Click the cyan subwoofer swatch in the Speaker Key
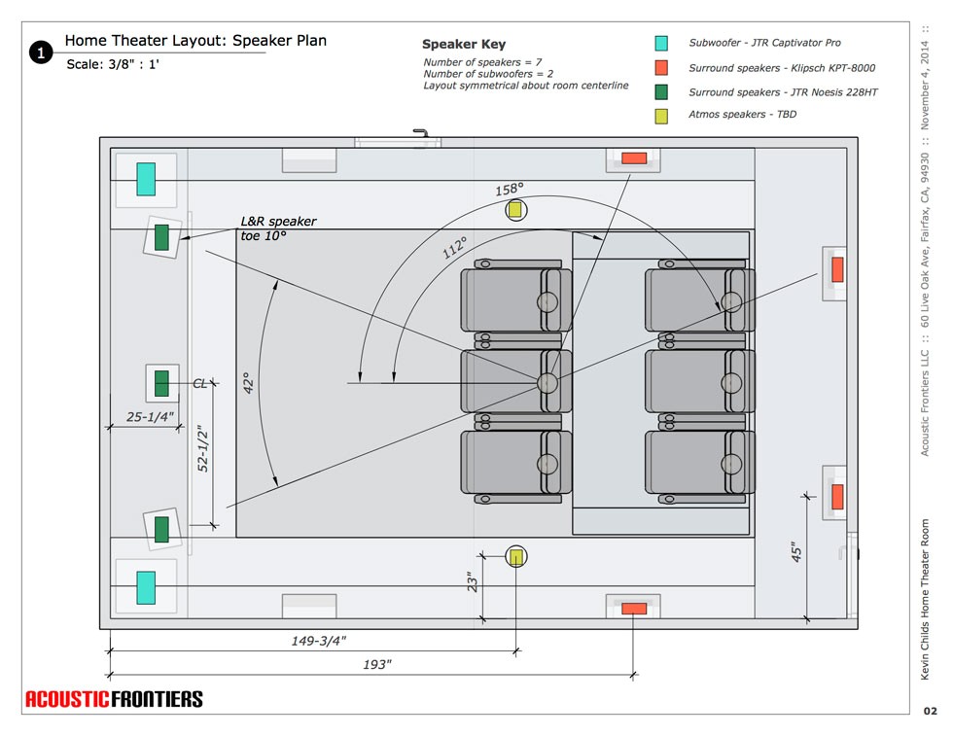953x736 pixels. pos(661,43)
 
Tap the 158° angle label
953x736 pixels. pos(510,190)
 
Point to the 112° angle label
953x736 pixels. pos(454,247)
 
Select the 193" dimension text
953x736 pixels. pos(375,664)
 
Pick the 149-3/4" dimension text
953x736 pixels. pos(319,641)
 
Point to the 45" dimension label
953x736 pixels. pos(796,552)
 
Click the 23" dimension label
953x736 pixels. pos(473,581)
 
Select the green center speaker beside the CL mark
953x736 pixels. pos(162,384)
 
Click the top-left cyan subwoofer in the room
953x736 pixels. pos(146,179)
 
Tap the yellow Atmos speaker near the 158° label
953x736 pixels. pos(515,209)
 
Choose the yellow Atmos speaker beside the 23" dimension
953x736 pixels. pos(516,556)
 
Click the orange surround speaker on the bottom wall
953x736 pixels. pos(634,609)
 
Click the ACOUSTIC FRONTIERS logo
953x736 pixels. pos(114,698)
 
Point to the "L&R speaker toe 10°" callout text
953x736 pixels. pos(278,228)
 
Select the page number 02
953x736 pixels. pos(930,712)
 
